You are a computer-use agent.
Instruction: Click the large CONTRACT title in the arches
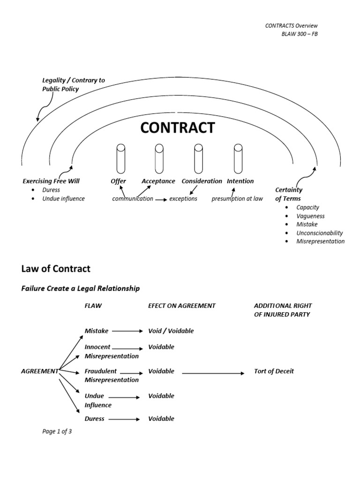tap(178, 127)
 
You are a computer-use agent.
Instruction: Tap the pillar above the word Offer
tap(120, 158)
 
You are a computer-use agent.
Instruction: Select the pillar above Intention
tap(238, 158)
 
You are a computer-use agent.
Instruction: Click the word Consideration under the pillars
tap(202, 181)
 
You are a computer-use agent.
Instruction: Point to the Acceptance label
tap(158, 181)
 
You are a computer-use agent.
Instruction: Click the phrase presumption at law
tap(237, 198)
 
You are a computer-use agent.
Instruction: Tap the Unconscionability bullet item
tap(319, 233)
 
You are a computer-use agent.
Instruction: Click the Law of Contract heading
tap(56, 269)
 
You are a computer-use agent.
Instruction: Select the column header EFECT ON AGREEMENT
tap(181, 306)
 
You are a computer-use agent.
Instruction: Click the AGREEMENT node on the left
tap(40, 371)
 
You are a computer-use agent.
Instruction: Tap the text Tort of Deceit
tap(274, 371)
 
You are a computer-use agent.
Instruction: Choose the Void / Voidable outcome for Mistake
tap(171, 331)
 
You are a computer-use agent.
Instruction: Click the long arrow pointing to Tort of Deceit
tap(213, 373)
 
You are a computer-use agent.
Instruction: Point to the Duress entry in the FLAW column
tap(94, 419)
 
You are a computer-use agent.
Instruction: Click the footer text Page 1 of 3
tap(57, 432)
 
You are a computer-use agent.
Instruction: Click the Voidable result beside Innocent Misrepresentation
tap(161, 347)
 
